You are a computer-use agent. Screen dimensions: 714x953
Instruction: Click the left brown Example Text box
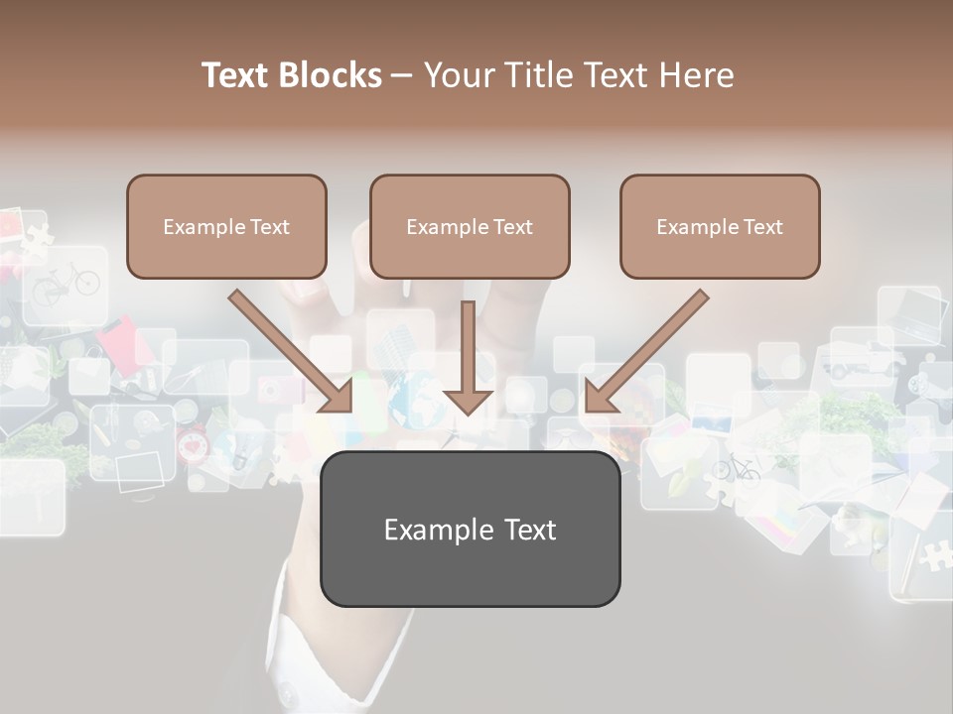click(x=226, y=226)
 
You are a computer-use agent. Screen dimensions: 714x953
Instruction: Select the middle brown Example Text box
click(x=470, y=226)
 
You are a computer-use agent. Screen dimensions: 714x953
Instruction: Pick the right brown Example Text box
click(x=720, y=226)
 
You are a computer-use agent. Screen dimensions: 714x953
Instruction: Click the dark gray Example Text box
click(x=470, y=530)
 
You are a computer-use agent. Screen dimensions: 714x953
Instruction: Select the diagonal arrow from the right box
click(x=645, y=352)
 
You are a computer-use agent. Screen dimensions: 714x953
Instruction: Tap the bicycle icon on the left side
click(x=67, y=285)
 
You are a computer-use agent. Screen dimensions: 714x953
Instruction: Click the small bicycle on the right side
click(x=736, y=468)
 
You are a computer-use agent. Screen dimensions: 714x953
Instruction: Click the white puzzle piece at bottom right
click(x=933, y=555)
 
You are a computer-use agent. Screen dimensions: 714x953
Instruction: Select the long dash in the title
click(x=402, y=76)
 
